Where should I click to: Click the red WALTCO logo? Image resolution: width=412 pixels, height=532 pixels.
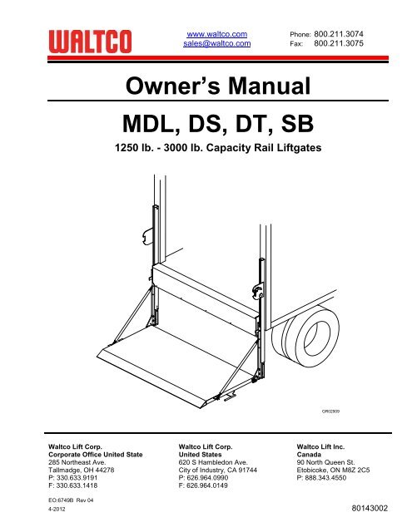(x=90, y=42)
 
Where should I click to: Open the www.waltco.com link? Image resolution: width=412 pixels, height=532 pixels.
(x=217, y=34)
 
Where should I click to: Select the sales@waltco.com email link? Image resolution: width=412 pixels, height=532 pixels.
(x=217, y=43)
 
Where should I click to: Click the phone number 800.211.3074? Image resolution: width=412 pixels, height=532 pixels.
(x=339, y=34)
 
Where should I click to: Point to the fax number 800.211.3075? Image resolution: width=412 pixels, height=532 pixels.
(x=339, y=43)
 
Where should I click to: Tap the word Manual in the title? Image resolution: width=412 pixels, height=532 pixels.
(x=270, y=86)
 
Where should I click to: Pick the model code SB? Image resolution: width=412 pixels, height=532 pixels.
(x=297, y=124)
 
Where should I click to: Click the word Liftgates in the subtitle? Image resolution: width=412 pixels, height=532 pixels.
(x=300, y=148)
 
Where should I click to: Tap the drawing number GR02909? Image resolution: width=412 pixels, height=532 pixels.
(x=330, y=411)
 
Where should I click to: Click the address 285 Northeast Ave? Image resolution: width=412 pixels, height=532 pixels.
(x=77, y=462)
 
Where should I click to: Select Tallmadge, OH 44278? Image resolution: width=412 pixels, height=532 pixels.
(x=82, y=470)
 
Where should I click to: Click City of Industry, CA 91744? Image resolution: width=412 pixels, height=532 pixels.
(x=218, y=470)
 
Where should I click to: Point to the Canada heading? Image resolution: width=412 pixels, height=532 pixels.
(x=309, y=455)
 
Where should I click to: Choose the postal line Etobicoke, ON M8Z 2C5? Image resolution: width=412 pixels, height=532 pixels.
(x=333, y=470)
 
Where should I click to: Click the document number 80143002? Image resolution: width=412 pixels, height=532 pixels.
(x=370, y=508)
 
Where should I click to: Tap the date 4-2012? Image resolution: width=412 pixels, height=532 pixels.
(x=57, y=509)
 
